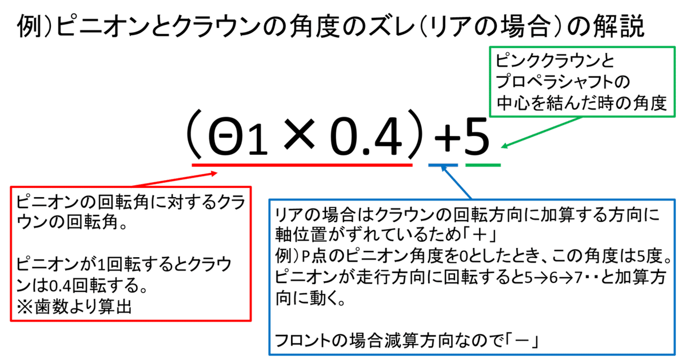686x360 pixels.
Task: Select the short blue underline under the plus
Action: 443,166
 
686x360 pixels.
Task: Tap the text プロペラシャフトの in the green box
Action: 563,83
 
